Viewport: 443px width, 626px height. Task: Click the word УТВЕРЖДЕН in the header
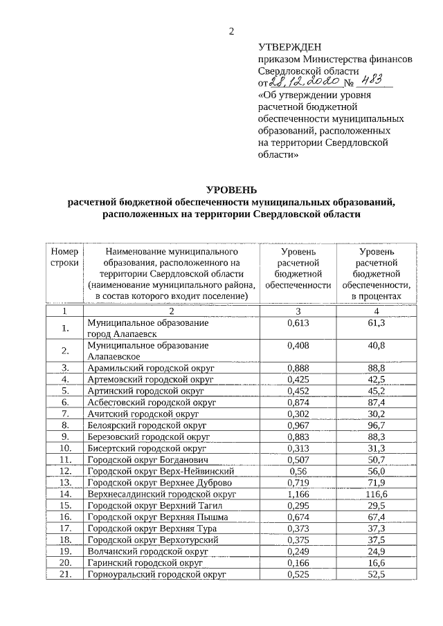[x=289, y=47]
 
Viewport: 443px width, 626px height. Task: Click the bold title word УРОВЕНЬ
[x=232, y=190]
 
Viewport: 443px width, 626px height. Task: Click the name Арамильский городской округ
[x=148, y=367]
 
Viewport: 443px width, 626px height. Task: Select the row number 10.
[x=65, y=449]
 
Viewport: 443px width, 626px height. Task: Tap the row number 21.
[x=65, y=576]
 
